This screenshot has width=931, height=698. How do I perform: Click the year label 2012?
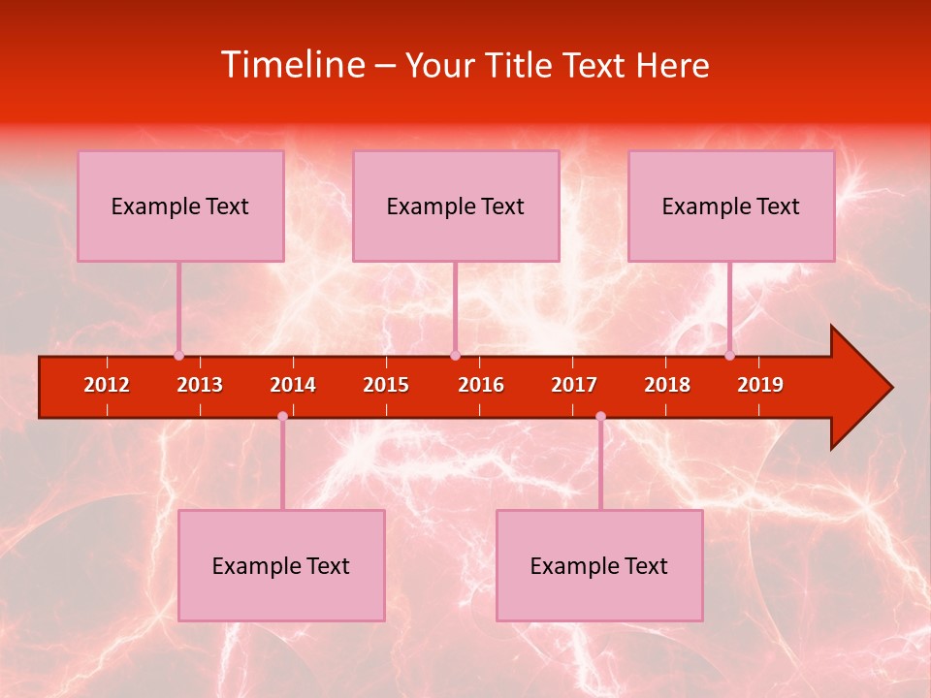pos(107,385)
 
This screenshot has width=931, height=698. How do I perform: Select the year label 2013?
pos(200,385)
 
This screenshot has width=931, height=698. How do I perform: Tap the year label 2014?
pos(293,385)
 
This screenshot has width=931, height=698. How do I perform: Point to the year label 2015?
pos(386,385)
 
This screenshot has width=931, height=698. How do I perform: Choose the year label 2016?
pos(481,385)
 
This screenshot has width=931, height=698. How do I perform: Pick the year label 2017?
pos(574,385)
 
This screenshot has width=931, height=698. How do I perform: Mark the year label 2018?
pos(667,385)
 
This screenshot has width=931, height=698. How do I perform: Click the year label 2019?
pos(760,385)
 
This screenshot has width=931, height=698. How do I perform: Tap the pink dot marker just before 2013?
pos(178,356)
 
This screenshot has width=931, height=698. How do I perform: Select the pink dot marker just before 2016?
pos(455,356)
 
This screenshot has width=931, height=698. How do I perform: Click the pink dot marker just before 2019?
pos(729,356)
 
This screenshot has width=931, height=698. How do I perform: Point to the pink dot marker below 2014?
pos(282,416)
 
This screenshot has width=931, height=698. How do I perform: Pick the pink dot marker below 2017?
pos(600,416)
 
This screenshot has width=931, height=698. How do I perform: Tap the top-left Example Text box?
pos(180,206)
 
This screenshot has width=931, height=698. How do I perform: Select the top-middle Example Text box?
pos(456,206)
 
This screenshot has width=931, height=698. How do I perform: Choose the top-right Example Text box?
pos(731,206)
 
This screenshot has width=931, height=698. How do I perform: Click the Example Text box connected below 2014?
pos(281,565)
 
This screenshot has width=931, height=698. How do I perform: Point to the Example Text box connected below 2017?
pos(599,565)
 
